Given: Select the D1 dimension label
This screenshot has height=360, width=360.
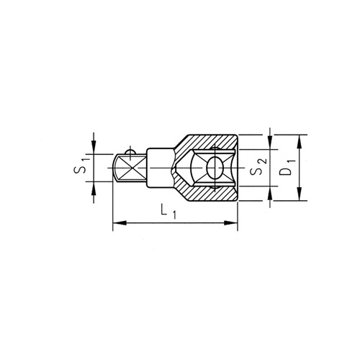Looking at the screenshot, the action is point(287,167).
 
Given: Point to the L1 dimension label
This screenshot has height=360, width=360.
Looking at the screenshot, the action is point(168,212).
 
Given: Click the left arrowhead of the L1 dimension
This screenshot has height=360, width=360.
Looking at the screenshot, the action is point(120,223).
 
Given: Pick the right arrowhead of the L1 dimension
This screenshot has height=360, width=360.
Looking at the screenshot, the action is point(231,223).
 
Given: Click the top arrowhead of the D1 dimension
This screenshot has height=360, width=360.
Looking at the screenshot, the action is point(299,142).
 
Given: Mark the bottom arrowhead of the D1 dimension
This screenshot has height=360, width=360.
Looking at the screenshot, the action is point(299,194).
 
